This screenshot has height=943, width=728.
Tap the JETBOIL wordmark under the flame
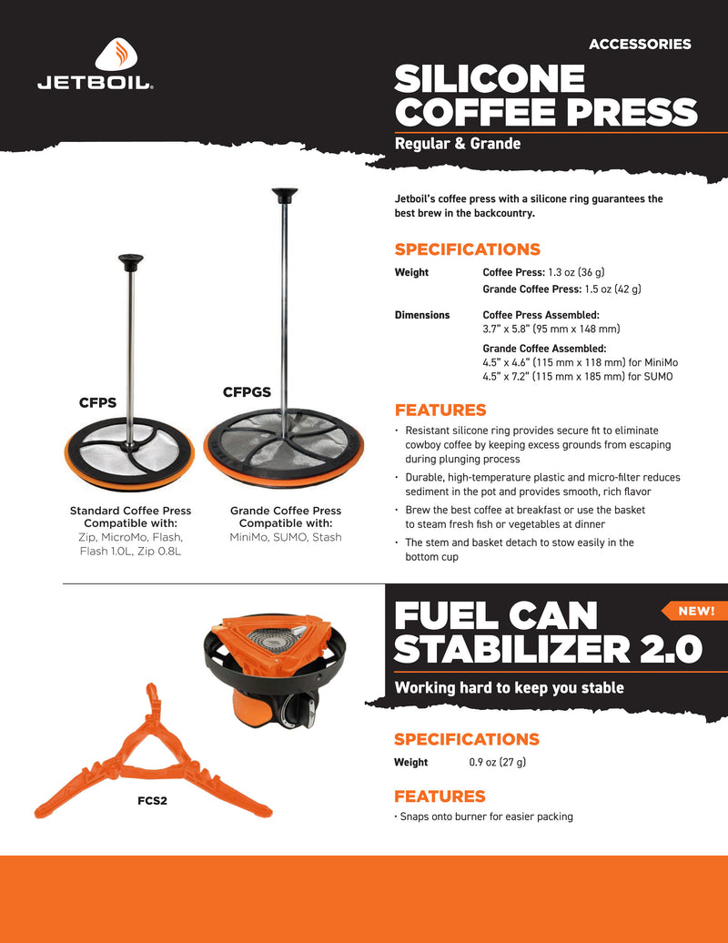(x=95, y=84)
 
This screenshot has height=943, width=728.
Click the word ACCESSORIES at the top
(x=640, y=44)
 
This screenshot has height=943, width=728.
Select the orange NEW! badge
(x=696, y=611)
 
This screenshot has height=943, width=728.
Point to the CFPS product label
(x=97, y=401)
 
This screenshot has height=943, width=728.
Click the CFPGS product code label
(x=247, y=392)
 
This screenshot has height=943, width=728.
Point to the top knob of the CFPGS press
(x=285, y=193)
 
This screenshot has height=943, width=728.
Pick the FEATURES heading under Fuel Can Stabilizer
(x=440, y=796)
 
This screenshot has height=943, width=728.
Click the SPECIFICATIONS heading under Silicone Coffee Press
(x=467, y=249)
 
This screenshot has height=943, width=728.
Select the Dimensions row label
(x=422, y=315)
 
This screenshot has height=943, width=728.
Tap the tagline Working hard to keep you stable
(x=509, y=687)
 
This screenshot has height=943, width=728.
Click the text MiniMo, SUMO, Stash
(x=286, y=537)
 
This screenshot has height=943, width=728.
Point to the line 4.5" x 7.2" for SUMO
(x=578, y=376)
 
